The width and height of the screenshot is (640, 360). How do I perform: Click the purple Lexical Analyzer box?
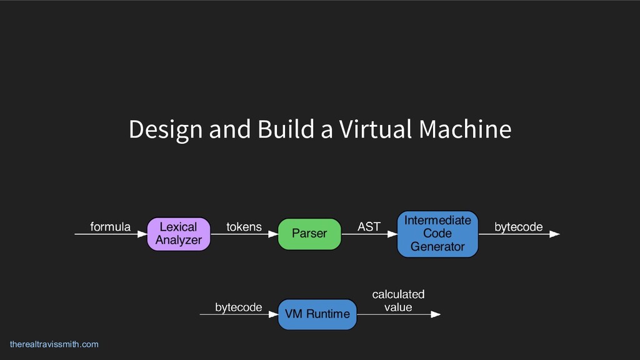coord(178,234)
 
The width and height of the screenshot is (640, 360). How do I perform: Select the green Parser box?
coord(309,234)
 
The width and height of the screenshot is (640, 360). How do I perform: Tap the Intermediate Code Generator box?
coord(437,234)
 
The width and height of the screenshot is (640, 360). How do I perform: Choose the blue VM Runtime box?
coord(317,314)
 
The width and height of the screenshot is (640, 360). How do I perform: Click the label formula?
coord(111,227)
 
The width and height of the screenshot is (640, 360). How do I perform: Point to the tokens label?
coord(244,227)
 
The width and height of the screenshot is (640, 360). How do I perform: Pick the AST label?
coord(369,227)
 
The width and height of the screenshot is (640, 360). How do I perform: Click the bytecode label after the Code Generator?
coord(518,227)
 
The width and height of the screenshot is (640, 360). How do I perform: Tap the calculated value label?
coord(398,301)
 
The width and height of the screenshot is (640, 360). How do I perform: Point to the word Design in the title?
coord(165,130)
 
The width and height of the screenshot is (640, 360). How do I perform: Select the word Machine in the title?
coord(465,130)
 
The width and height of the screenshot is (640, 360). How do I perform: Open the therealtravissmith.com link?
coord(54,344)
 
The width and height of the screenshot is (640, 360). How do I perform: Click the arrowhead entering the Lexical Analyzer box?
coord(142,234)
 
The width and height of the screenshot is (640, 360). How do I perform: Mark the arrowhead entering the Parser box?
coord(273,234)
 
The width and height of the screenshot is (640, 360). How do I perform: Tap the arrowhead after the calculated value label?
coord(436,314)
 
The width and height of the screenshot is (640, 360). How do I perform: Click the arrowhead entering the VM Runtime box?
coord(273,314)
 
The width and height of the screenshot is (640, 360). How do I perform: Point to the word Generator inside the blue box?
coord(437,247)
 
